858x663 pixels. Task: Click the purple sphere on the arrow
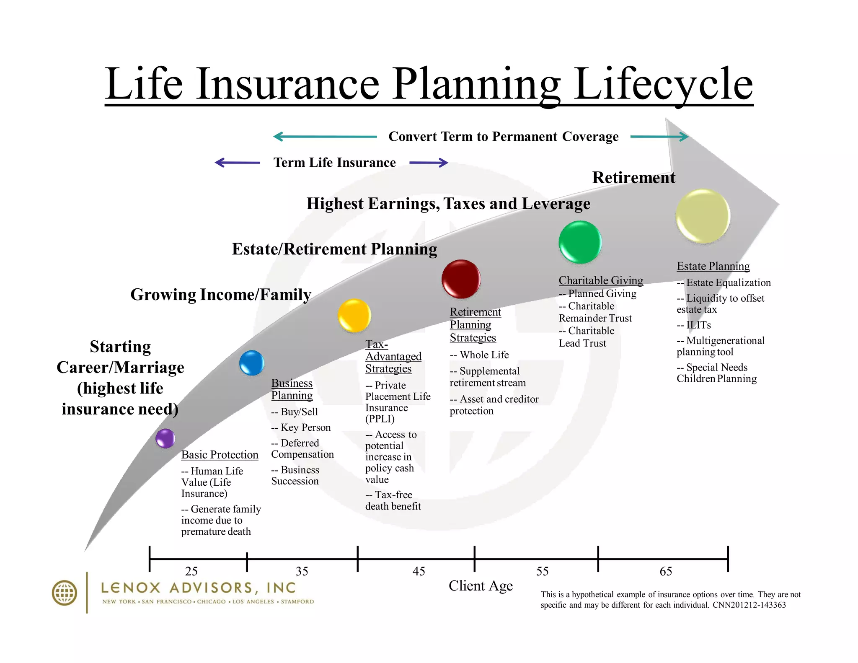(x=165, y=438)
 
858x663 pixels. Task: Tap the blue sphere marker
(x=251, y=363)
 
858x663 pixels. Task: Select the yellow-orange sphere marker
(x=354, y=315)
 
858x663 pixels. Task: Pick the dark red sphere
(x=461, y=279)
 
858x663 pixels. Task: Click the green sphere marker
(x=580, y=242)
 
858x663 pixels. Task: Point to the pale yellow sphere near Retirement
(x=703, y=216)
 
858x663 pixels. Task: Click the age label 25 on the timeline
(x=191, y=571)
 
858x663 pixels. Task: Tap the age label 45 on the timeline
(x=419, y=571)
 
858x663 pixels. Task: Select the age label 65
(x=666, y=571)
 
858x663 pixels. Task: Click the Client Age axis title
(x=481, y=586)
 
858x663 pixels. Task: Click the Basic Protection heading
(x=220, y=455)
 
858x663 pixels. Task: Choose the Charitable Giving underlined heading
(x=601, y=280)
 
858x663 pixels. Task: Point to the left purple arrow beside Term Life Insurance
(x=237, y=163)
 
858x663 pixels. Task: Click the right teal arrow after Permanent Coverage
(x=659, y=137)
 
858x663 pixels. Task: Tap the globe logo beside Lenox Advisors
(x=64, y=593)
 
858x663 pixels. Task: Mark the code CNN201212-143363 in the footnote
(x=749, y=605)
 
